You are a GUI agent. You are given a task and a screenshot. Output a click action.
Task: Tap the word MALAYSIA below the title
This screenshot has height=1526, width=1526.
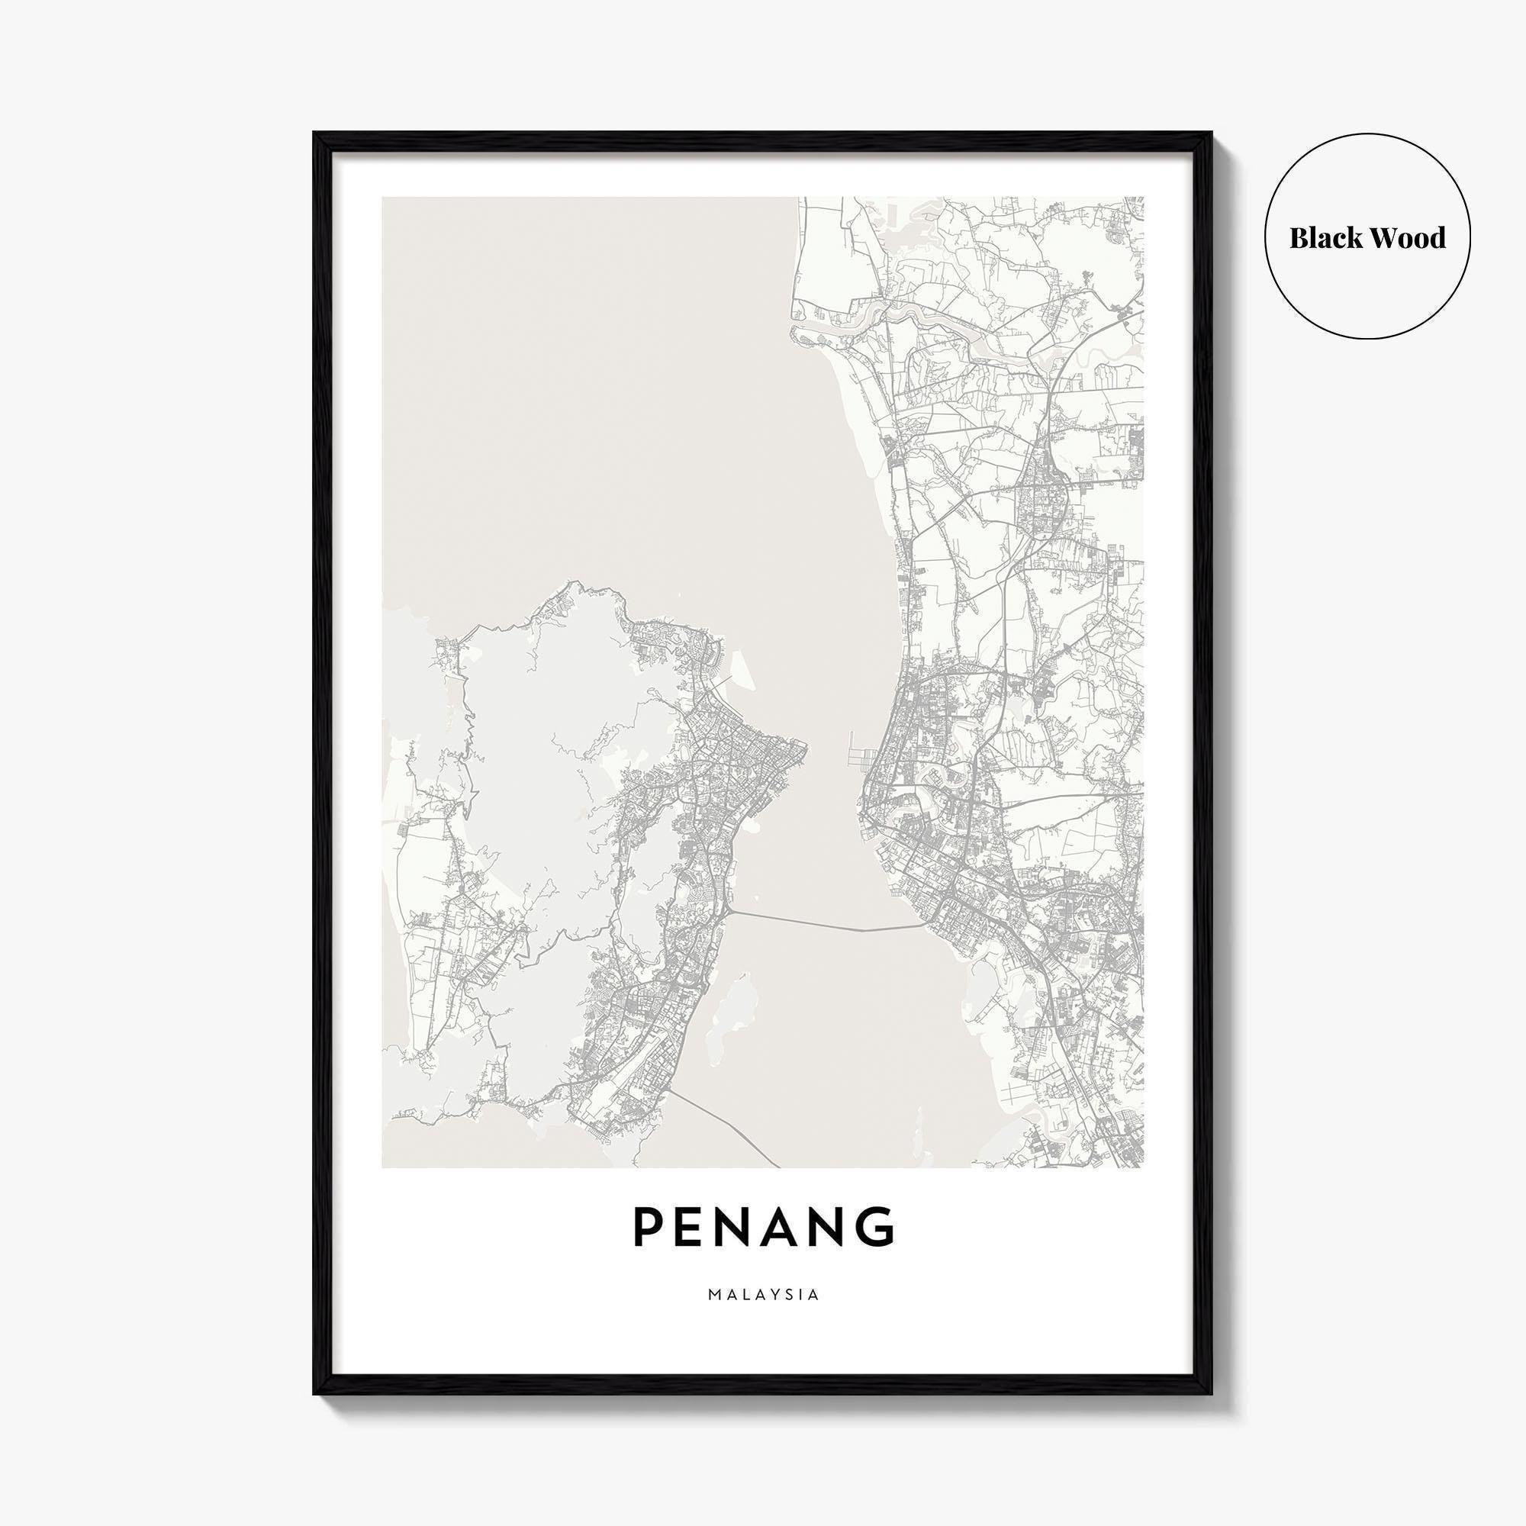pos(763,1295)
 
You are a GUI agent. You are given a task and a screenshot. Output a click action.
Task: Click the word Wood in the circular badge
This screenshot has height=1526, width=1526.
pos(1409,238)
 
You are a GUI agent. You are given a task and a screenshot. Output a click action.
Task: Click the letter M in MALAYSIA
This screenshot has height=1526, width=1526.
pos(715,1295)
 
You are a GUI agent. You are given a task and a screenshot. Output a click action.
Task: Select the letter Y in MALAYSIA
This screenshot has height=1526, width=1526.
pos(769,1295)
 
